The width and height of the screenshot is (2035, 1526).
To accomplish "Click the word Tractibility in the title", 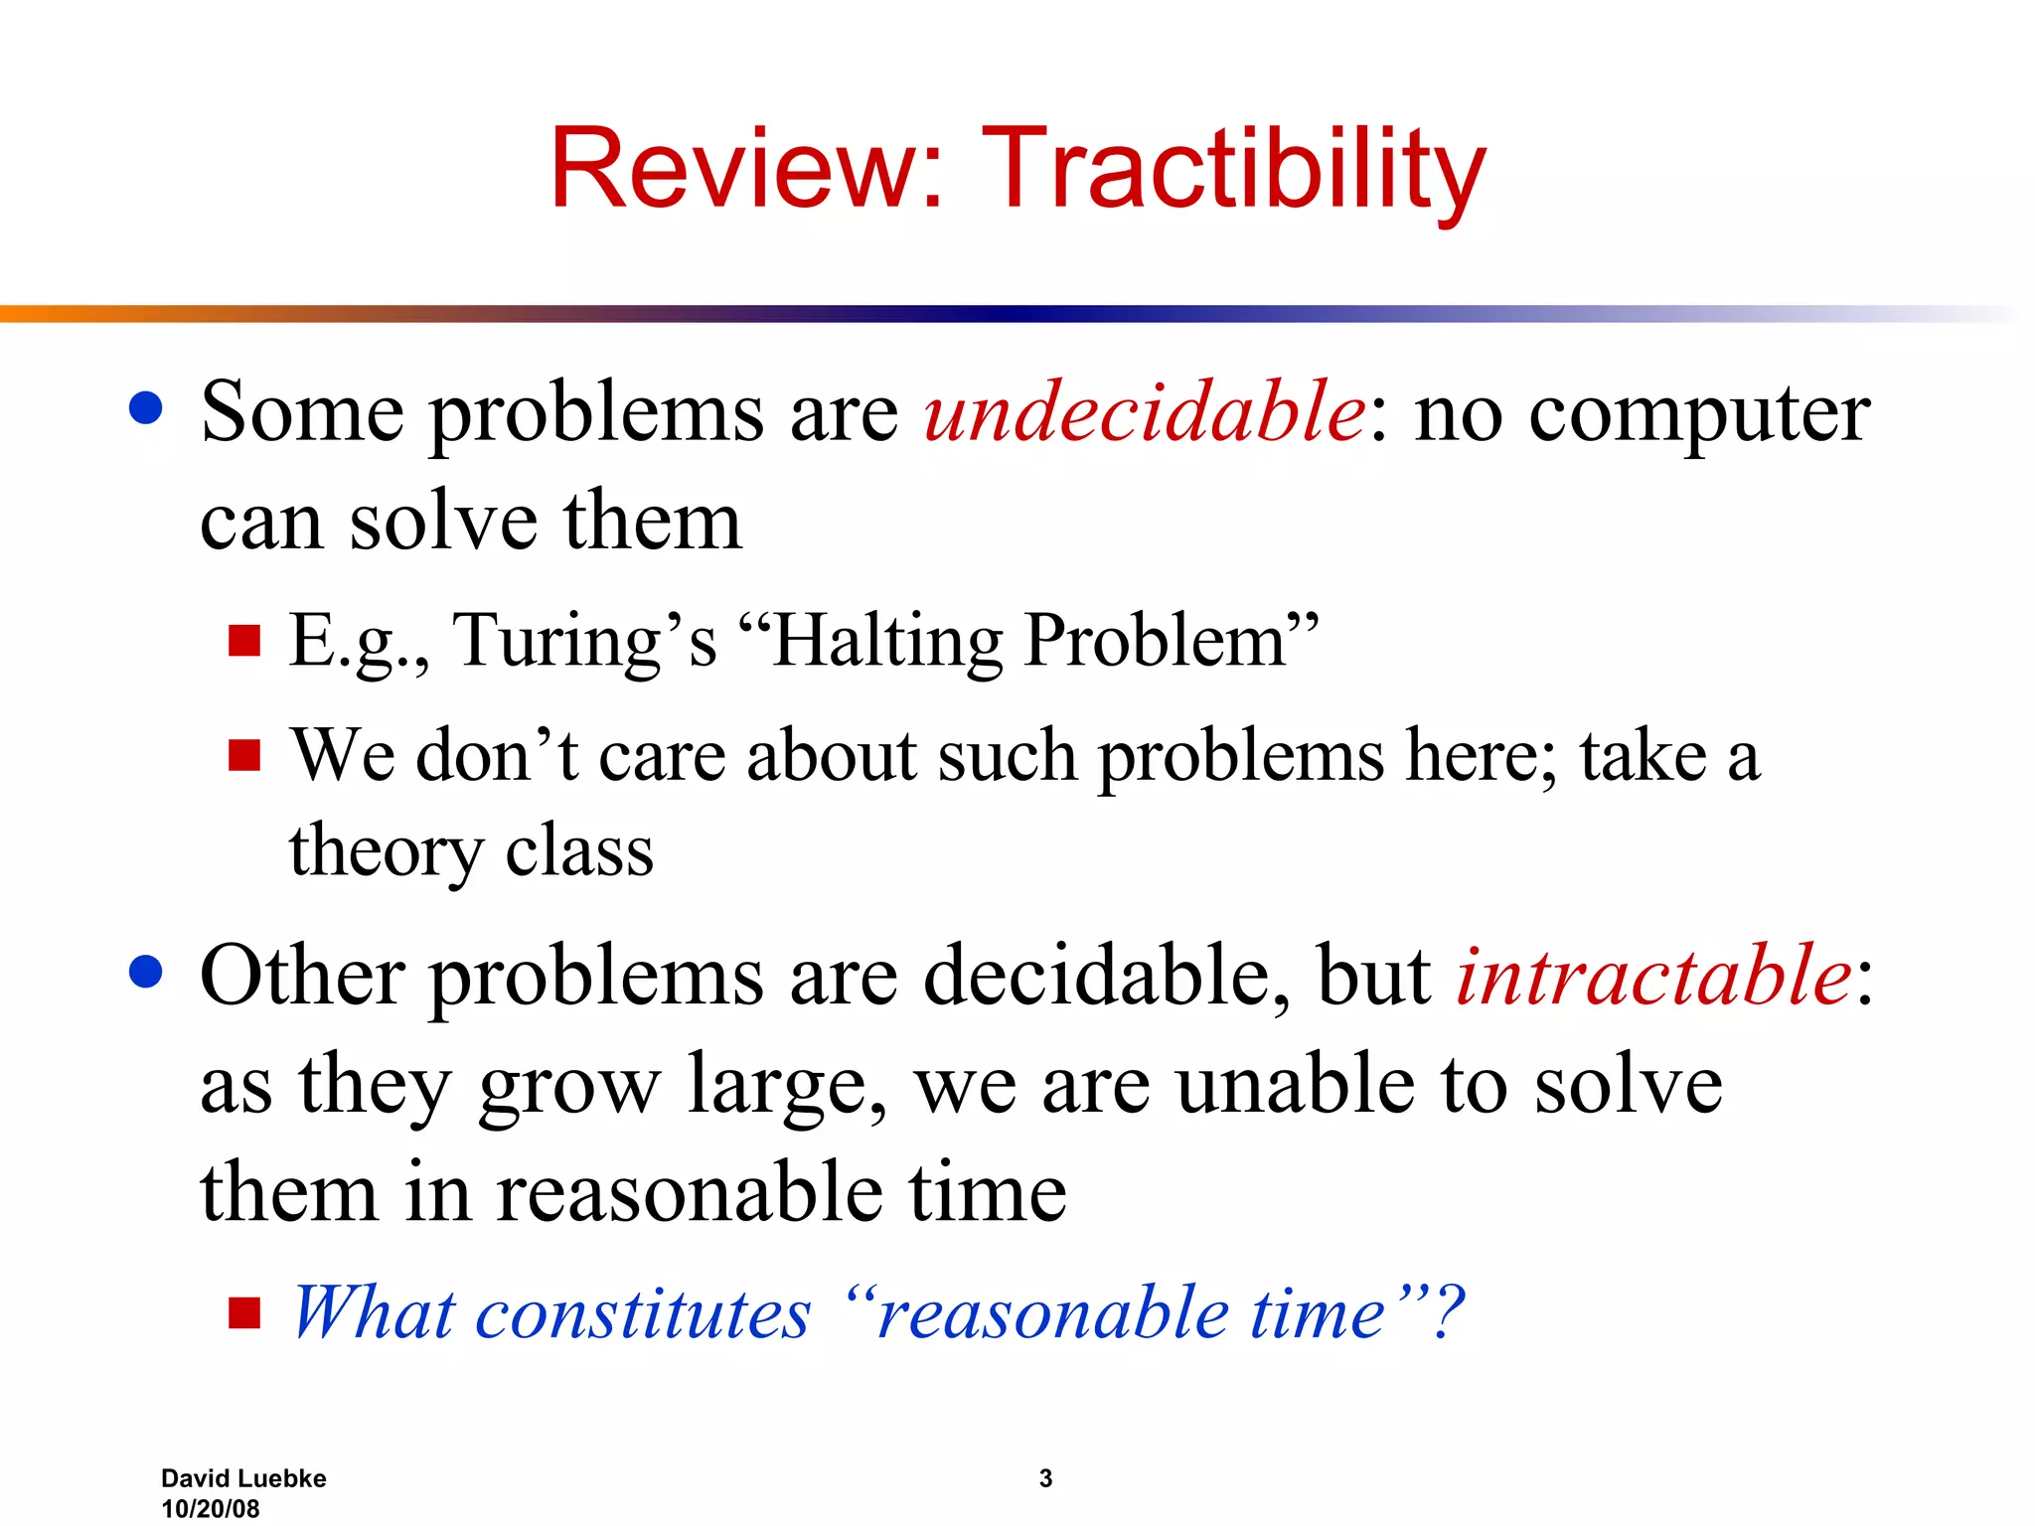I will pyautogui.click(x=1232, y=169).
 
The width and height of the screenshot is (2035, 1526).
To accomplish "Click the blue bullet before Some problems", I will pyautogui.click(x=146, y=408).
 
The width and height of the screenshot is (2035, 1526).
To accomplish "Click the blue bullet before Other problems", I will pyautogui.click(x=146, y=973).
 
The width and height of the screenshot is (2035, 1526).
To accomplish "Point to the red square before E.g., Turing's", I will pyautogui.click(x=243, y=641).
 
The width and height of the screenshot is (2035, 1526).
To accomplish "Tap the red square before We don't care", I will pyautogui.click(x=243, y=756).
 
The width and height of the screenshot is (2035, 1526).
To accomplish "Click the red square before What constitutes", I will pyautogui.click(x=243, y=1313).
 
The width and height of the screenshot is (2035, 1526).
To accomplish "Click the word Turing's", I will pyautogui.click(x=584, y=641).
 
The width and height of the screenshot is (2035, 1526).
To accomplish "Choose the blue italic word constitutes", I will pyautogui.click(x=643, y=1313).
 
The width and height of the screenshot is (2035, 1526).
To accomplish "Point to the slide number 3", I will pyautogui.click(x=1045, y=1478).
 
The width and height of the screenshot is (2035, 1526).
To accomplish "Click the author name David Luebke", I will pyautogui.click(x=243, y=1478).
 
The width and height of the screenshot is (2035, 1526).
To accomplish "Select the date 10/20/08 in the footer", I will pyautogui.click(x=211, y=1508).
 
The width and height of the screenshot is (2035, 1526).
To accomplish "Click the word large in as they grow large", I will pyautogui.click(x=785, y=1087).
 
